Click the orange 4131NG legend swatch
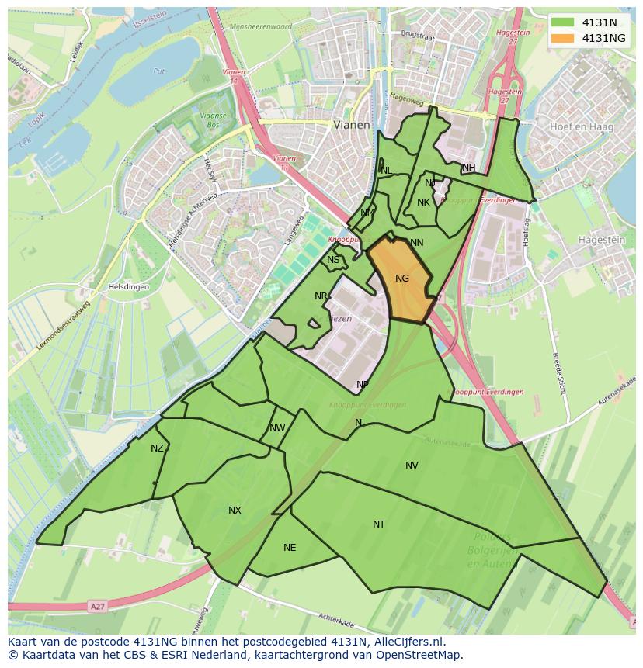click(563, 37)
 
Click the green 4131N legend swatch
click(563, 22)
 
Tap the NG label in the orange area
click(401, 279)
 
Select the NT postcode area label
click(378, 524)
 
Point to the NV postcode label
click(412, 466)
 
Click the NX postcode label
click(235, 511)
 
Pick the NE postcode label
click(290, 548)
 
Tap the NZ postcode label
click(158, 448)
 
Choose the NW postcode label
click(277, 428)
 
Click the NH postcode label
click(468, 168)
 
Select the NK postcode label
click(423, 202)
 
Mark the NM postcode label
click(367, 213)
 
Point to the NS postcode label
click(333, 260)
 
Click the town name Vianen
click(352, 124)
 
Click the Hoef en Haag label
click(581, 126)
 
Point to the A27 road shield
click(96, 605)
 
